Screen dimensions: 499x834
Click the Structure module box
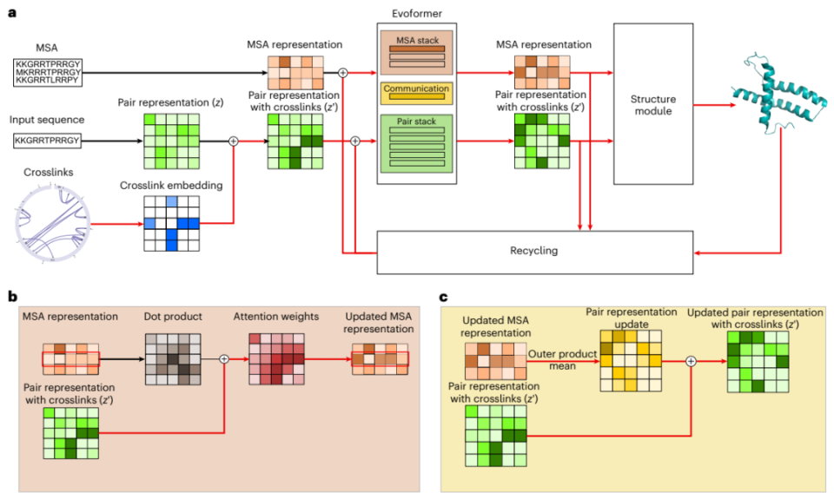pyautogui.click(x=653, y=103)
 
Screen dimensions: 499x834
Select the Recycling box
pyautogui.click(x=533, y=251)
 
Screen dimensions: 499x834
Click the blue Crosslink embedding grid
pyautogui.click(x=171, y=223)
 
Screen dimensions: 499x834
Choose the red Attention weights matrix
pyautogui.click(x=277, y=358)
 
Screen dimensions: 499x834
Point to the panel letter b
pyautogui.click(x=13, y=297)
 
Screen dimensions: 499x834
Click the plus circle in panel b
pyautogui.click(x=223, y=358)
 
